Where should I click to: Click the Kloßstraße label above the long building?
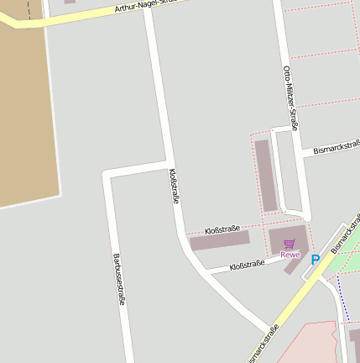coord(222,229)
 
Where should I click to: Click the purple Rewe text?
coord(290,254)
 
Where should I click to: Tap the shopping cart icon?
coord(290,244)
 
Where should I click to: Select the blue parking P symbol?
coord(316,260)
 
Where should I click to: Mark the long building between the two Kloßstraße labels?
coord(220,242)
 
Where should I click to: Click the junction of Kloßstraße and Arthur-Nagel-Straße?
coord(149,9)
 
